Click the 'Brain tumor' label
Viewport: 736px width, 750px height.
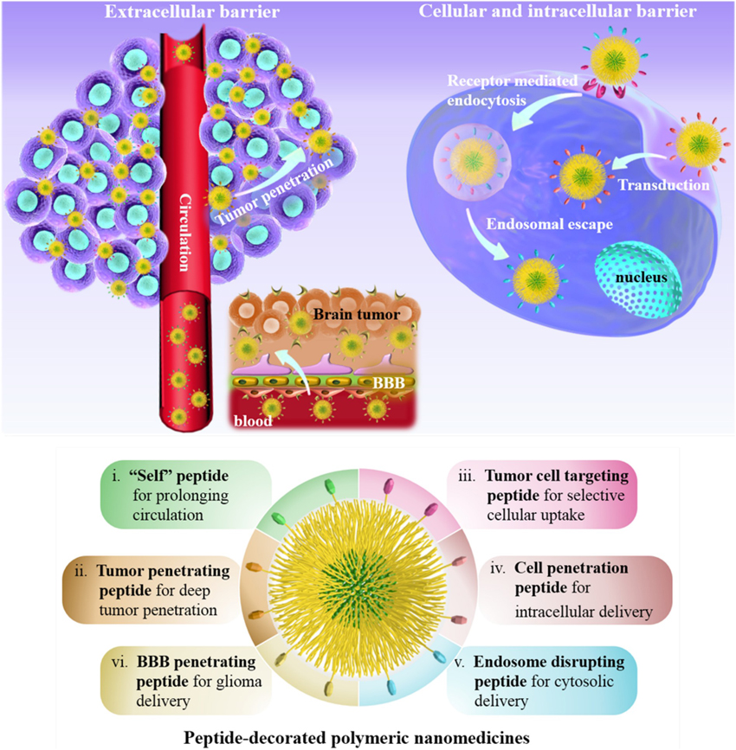[359, 314]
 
